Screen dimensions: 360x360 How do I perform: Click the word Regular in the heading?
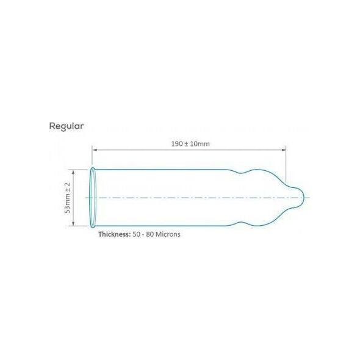67,126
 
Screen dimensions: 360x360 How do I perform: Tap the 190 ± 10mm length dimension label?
190,144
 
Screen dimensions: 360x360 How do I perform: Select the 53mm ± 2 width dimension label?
68,198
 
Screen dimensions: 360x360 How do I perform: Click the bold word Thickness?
114,234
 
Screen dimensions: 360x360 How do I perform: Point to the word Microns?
168,234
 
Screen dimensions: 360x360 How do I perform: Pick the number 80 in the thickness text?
149,234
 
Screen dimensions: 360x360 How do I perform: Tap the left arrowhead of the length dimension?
95,150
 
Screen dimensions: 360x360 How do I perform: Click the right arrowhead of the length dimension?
284,150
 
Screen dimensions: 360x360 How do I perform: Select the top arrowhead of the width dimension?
73,172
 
